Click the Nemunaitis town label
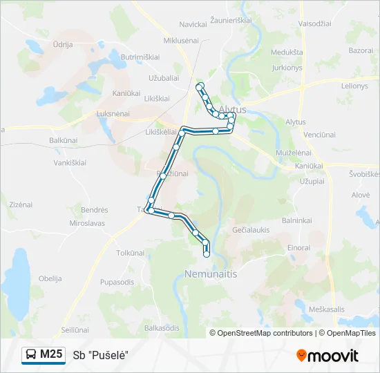[211, 274]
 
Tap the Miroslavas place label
[87, 224]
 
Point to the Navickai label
[193, 24]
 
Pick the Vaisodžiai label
[314, 23]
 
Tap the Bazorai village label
[361, 51]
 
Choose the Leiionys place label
[355, 86]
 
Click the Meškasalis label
[326, 309]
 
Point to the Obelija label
[50, 278]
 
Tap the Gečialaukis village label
[251, 229]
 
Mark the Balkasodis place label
[163, 327]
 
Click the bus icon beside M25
[32, 354]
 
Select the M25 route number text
[51, 354]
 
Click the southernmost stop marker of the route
[206, 255]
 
